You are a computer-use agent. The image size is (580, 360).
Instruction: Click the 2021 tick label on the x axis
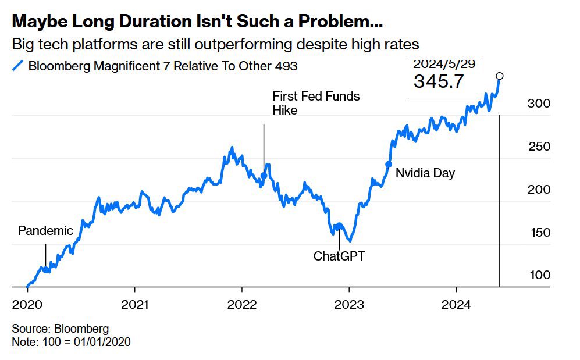pos(135,304)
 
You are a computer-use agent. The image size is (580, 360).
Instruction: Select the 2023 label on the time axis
pos(349,304)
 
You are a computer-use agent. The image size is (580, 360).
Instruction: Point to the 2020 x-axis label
pos(27,304)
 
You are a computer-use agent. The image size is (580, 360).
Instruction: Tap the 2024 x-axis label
pos(456,304)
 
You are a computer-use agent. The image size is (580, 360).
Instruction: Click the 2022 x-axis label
pos(242,304)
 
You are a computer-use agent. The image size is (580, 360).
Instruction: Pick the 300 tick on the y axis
pos(539,104)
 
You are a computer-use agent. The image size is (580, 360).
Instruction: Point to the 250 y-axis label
pos(539,147)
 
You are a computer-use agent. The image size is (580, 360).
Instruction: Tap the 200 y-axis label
pos(539,190)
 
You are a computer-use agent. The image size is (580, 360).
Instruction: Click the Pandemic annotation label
pos(45,230)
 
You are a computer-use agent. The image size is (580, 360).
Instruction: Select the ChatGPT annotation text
pos(339,255)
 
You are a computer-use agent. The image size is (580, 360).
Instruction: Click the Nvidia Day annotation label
pos(425,173)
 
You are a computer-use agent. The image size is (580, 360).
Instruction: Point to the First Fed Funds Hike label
pos(316,103)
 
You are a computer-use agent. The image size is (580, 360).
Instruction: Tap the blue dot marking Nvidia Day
pos(389,164)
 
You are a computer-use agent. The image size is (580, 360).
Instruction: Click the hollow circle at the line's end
pos(499,76)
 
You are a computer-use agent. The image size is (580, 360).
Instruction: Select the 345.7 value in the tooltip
pos(439,81)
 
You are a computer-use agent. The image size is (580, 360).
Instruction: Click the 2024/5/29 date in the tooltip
pos(444,65)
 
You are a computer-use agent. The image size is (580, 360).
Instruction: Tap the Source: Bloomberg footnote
pos(60,329)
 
